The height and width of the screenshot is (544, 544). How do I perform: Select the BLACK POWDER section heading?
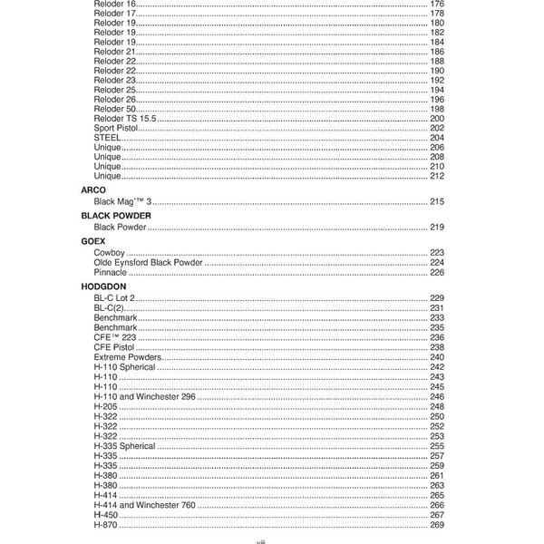click(115, 215)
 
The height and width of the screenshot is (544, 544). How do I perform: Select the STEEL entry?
click(106, 137)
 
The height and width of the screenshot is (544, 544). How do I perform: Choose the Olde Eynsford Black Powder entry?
click(148, 261)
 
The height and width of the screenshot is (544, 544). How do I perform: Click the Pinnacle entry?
click(110, 271)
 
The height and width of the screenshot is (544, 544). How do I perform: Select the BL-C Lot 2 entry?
click(113, 297)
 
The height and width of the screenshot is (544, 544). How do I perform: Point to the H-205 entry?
click(105, 406)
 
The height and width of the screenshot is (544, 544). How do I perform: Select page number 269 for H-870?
click(436, 525)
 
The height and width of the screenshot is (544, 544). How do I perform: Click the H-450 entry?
click(105, 515)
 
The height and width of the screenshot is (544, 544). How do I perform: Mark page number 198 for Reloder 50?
click(436, 109)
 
